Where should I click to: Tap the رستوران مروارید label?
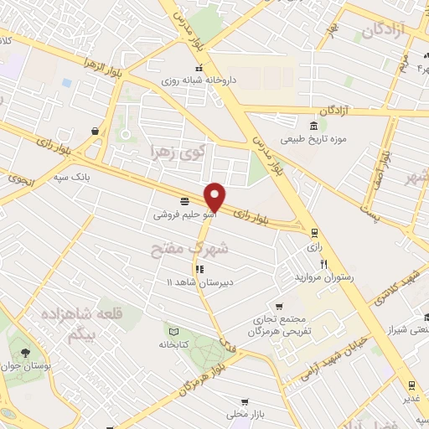coord(323,277)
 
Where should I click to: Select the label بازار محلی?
coord(244,415)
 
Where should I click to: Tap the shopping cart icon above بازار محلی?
coord(245,401)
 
